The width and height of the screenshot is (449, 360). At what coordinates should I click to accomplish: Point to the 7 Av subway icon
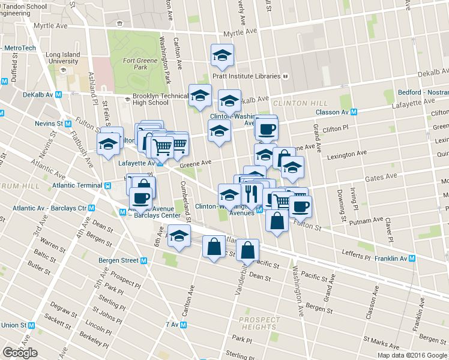(x=184, y=325)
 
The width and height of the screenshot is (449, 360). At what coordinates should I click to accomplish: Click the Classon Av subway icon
(x=355, y=112)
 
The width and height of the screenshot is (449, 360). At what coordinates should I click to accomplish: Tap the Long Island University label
(x=62, y=58)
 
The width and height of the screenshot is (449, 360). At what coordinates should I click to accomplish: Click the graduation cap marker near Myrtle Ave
(x=222, y=56)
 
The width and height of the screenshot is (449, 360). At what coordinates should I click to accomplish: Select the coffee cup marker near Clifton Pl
(x=266, y=128)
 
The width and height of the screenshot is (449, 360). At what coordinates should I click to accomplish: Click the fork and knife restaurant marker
(x=252, y=193)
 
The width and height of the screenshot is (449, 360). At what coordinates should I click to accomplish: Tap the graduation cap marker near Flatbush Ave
(x=109, y=144)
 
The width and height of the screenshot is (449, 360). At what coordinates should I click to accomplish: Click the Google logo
(x=20, y=353)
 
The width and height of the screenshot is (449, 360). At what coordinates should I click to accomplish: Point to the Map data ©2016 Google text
(x=412, y=355)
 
